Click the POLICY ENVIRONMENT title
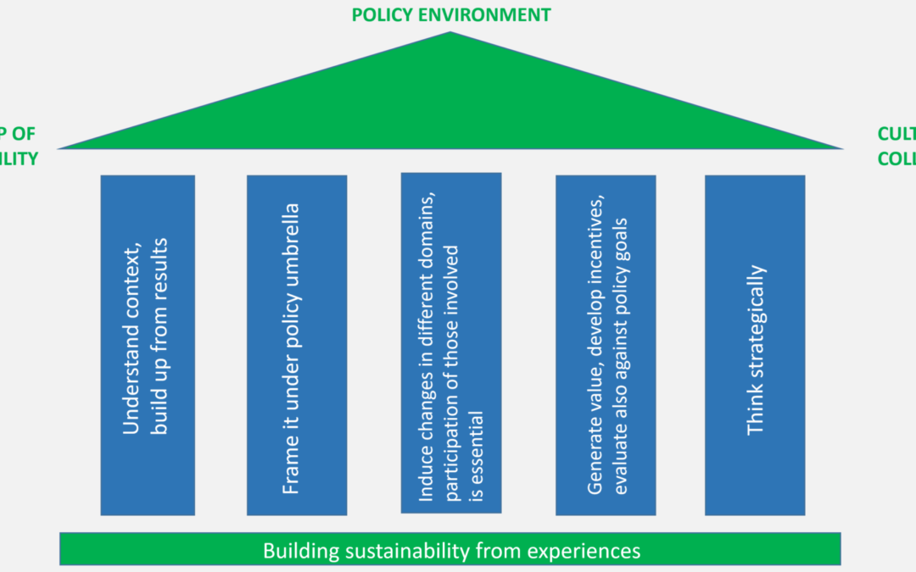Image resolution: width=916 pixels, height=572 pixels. (x=450, y=14)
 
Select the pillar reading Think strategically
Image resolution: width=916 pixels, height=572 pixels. (x=754, y=345)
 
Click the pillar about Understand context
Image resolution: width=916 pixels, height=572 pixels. (x=147, y=345)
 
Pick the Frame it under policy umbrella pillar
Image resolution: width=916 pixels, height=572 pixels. (x=296, y=345)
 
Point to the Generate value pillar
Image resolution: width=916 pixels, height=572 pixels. (x=605, y=345)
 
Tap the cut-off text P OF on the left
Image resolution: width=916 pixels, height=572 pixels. (x=19, y=134)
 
